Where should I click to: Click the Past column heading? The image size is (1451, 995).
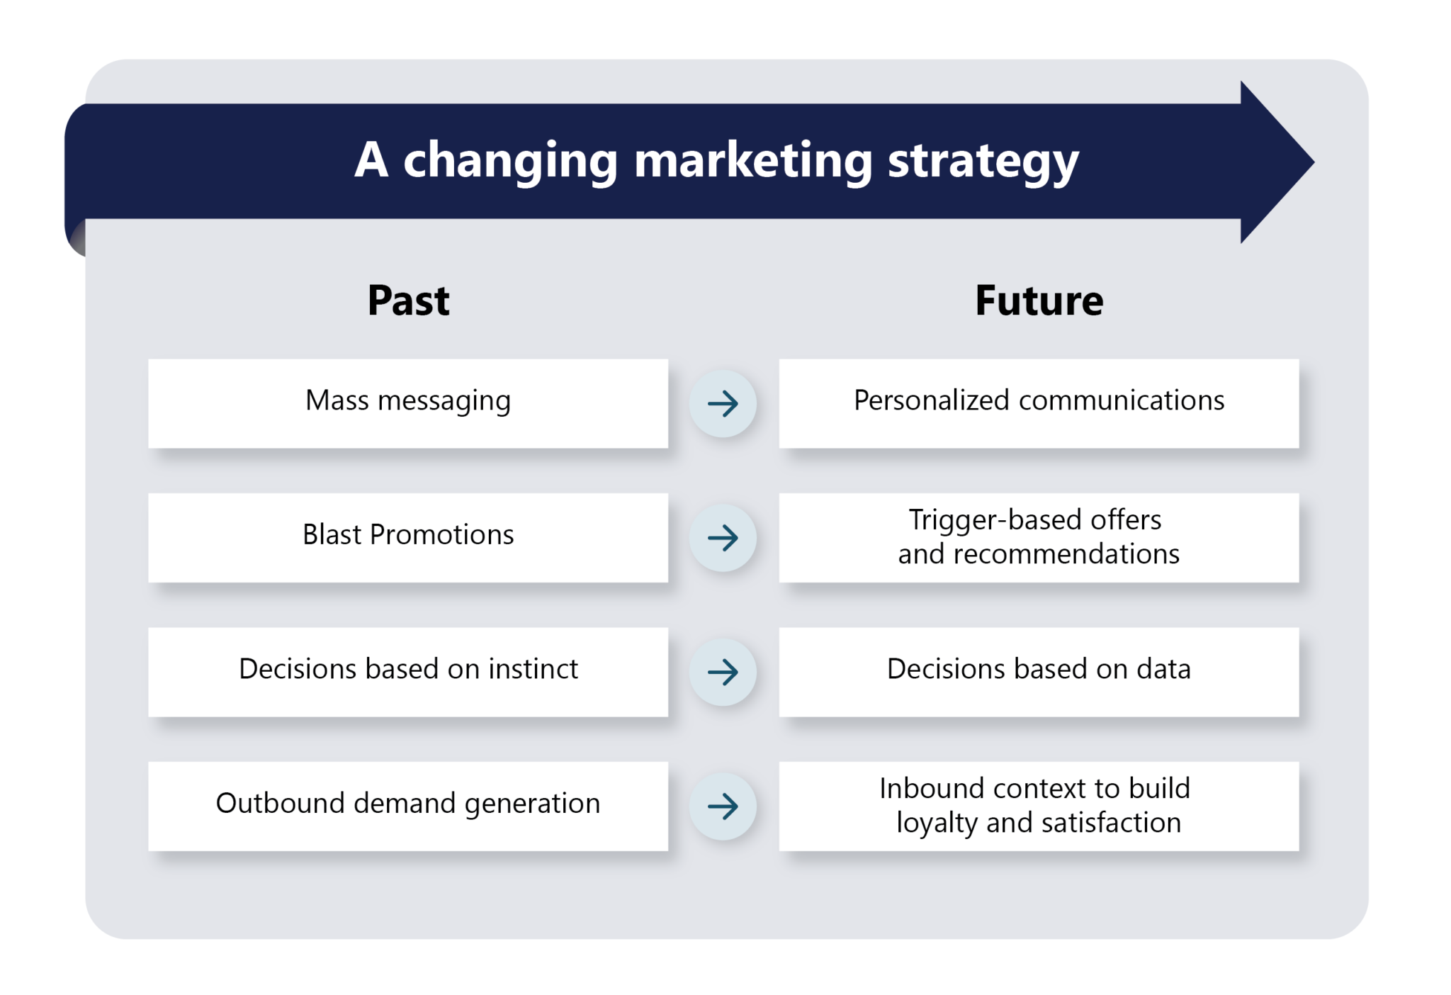(x=408, y=300)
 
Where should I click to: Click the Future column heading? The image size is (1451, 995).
(x=1039, y=300)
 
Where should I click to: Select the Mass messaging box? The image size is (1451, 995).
(x=408, y=403)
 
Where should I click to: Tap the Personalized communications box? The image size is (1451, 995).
(x=1039, y=403)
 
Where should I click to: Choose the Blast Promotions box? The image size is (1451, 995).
(x=408, y=536)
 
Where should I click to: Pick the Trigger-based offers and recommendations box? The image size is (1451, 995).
(x=1039, y=536)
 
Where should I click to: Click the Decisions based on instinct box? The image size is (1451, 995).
(x=408, y=670)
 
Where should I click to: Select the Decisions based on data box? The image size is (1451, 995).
(x=1039, y=670)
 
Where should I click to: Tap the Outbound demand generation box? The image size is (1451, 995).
(x=408, y=805)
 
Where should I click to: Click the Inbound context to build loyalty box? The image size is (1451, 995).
(x=1039, y=805)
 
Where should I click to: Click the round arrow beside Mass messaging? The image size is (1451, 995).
(x=723, y=403)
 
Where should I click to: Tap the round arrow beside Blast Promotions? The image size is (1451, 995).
(x=723, y=538)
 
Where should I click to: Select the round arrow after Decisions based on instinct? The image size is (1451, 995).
(x=723, y=672)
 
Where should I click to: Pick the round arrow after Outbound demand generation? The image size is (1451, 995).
(x=723, y=806)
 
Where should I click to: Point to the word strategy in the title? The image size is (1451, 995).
(x=983, y=162)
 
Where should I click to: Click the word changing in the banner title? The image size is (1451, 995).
(x=510, y=162)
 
